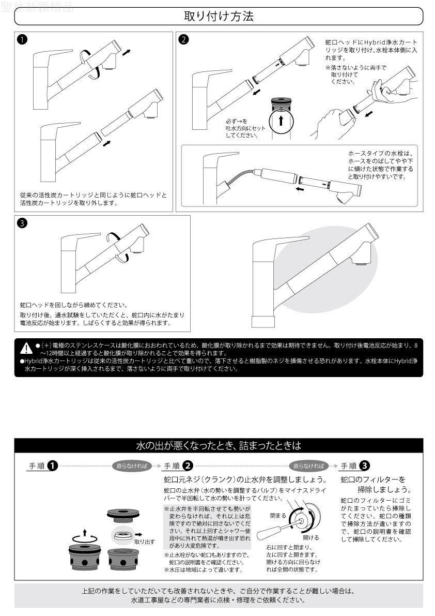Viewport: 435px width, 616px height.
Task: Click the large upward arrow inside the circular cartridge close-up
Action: point(280,121)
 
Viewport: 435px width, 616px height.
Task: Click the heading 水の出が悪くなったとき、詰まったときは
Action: point(218,445)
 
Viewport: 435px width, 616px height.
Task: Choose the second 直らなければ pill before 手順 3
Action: point(309,466)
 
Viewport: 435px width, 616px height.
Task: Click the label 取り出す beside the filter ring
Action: point(144,542)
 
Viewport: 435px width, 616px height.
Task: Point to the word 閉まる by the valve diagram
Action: point(277,515)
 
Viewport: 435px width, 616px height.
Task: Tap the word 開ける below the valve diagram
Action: point(311,537)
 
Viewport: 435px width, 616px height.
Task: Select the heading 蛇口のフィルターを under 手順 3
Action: point(373,479)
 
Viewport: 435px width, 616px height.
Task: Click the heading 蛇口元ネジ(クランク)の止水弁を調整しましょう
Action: point(245,479)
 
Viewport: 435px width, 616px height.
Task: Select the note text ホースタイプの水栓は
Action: point(381,154)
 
